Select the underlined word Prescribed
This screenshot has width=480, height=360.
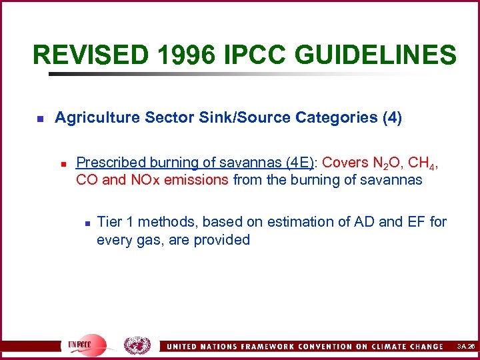pos(111,163)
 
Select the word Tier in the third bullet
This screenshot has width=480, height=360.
pos(110,221)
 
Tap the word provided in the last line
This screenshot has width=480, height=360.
pos(222,239)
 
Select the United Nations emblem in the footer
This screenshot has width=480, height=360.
pos(137,345)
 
